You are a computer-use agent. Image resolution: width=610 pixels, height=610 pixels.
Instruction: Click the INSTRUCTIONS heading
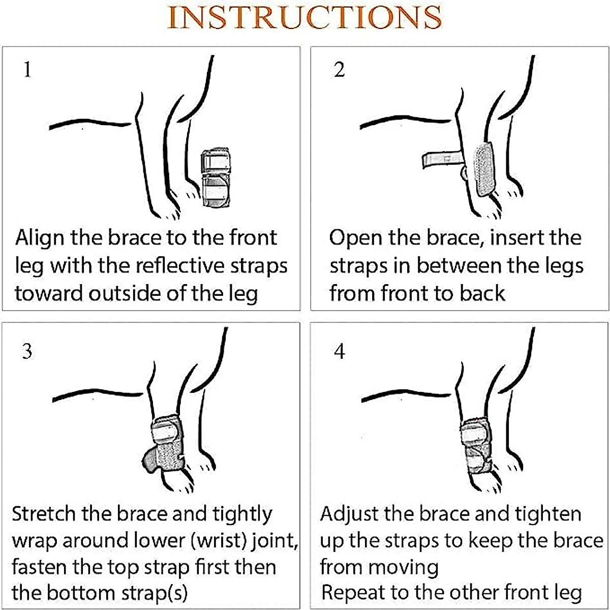pos(304,17)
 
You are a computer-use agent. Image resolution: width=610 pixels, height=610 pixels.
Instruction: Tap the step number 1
pos(27,69)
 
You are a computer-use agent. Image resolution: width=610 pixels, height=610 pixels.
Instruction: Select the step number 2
pos(339,69)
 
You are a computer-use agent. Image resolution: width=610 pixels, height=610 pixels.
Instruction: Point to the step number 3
pos(27,351)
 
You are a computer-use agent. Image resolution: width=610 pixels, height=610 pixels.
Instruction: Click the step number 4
pos(340,351)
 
